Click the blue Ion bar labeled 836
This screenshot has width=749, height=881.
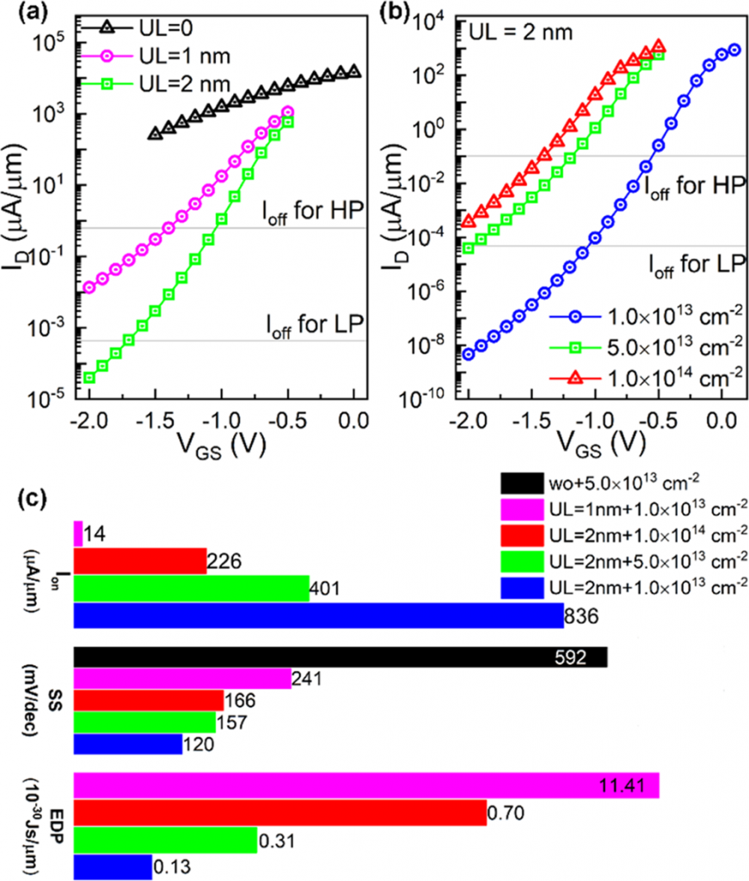[x=318, y=615]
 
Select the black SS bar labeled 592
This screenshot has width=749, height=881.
[x=341, y=657]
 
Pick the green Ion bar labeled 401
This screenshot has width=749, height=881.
[x=191, y=588]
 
